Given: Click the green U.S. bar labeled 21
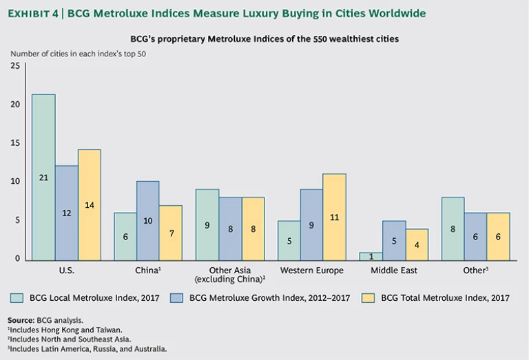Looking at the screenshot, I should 43,177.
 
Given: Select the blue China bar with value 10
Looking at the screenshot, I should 148,220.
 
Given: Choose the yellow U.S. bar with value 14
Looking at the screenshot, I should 89,204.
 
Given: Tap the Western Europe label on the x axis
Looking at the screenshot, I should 312,271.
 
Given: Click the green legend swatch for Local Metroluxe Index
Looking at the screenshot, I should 17,298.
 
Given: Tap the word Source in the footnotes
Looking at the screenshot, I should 21,321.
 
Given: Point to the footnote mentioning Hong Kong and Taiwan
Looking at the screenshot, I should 56,330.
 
